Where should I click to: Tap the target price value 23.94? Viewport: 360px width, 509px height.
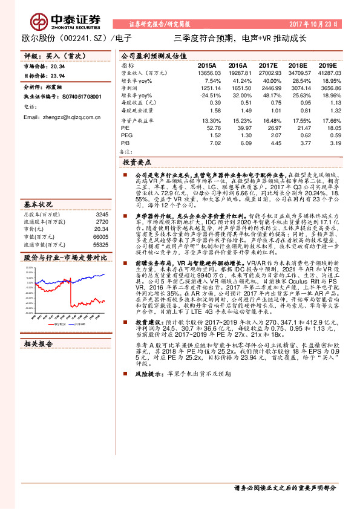[x=59, y=76]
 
